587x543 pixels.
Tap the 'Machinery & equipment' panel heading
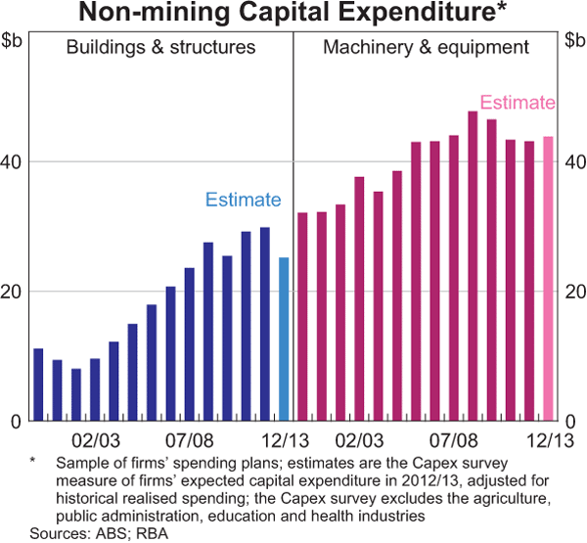click(426, 47)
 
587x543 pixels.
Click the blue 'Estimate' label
click(243, 200)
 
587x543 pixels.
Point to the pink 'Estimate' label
click(518, 103)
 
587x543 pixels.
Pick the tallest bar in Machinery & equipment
click(473, 266)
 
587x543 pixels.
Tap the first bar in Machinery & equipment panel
click(302, 316)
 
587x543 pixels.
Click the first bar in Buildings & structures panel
click(38, 385)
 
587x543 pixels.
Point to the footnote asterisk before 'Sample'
click(33, 460)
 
